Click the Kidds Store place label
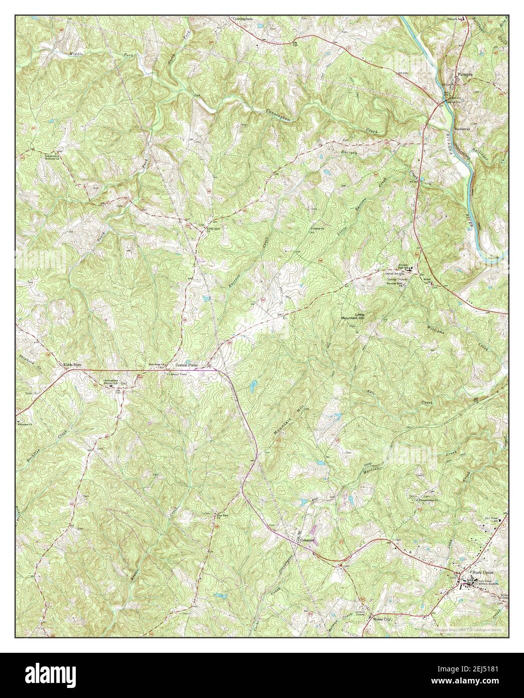71,365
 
